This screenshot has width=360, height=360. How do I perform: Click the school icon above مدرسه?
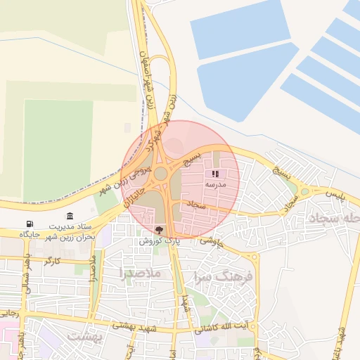click(x=215, y=174)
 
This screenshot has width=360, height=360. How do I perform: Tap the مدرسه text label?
click(x=215, y=184)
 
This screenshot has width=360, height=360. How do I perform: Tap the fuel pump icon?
click(x=29, y=224)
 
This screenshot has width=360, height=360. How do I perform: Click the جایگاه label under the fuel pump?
click(x=29, y=233)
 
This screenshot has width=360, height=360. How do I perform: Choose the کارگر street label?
click(x=52, y=261)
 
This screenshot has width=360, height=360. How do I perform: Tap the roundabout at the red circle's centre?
click(x=161, y=173)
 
